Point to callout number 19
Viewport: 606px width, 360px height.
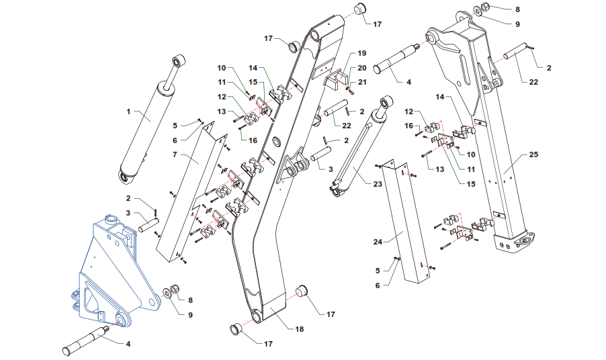tap(361, 53)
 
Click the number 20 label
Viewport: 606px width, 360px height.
tap(361, 68)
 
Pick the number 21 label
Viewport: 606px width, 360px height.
tap(361, 82)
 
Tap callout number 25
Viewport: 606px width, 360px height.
tap(533, 155)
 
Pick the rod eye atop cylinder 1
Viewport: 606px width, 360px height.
tap(178, 62)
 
